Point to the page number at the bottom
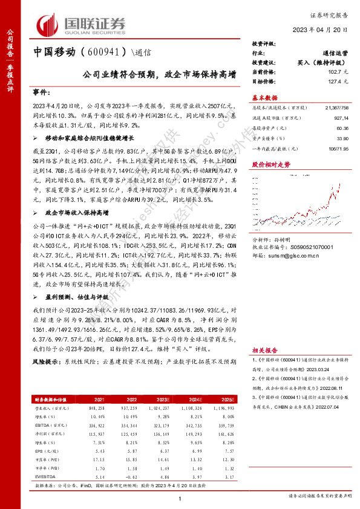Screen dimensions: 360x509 pos(180,498)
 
